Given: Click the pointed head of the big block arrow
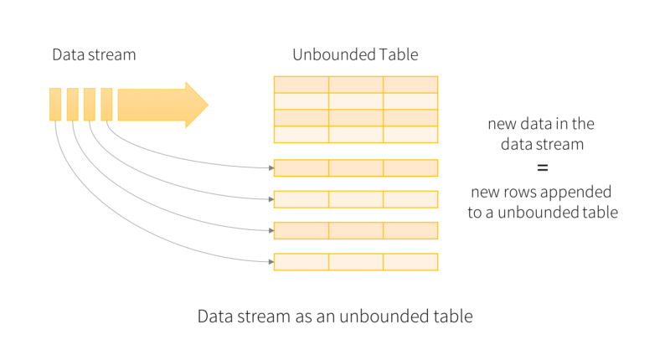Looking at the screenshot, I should pyautogui.click(x=198, y=105).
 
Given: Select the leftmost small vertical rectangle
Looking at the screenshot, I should pyautogui.click(x=55, y=105).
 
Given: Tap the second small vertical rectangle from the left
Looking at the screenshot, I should pyautogui.click(x=72, y=105).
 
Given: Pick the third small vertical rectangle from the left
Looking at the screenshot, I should pyautogui.click(x=89, y=105).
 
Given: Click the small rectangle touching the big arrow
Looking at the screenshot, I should pyautogui.click(x=106, y=105).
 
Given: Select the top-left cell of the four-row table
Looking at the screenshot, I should pyautogui.click(x=301, y=85).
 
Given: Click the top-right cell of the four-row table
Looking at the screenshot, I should pyautogui.click(x=410, y=85).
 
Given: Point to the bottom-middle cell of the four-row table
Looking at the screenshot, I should pyautogui.click(x=356, y=135).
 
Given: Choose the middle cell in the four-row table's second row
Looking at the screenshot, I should pyautogui.click(x=356, y=101).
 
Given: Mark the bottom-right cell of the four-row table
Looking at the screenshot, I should pyautogui.click(x=410, y=135).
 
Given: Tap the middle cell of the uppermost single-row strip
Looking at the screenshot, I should pyautogui.click(x=356, y=167).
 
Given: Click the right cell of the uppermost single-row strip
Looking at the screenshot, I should pyautogui.click(x=410, y=167).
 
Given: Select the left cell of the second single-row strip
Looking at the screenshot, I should pyautogui.click(x=301, y=199).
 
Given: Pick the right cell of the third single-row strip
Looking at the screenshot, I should pyautogui.click(x=410, y=230).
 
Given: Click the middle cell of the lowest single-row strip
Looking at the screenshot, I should pyautogui.click(x=356, y=262).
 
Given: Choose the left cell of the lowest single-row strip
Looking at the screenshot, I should pyautogui.click(x=301, y=262).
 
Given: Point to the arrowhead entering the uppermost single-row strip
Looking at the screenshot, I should pyautogui.click(x=271, y=167).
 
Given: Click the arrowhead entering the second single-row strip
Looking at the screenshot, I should pyautogui.click(x=271, y=199).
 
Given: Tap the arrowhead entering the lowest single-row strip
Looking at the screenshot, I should pyautogui.click(x=271, y=262).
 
